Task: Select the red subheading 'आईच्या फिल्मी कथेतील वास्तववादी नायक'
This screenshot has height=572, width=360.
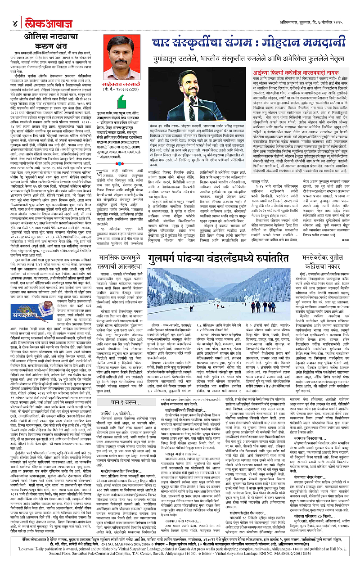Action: [309, 72]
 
